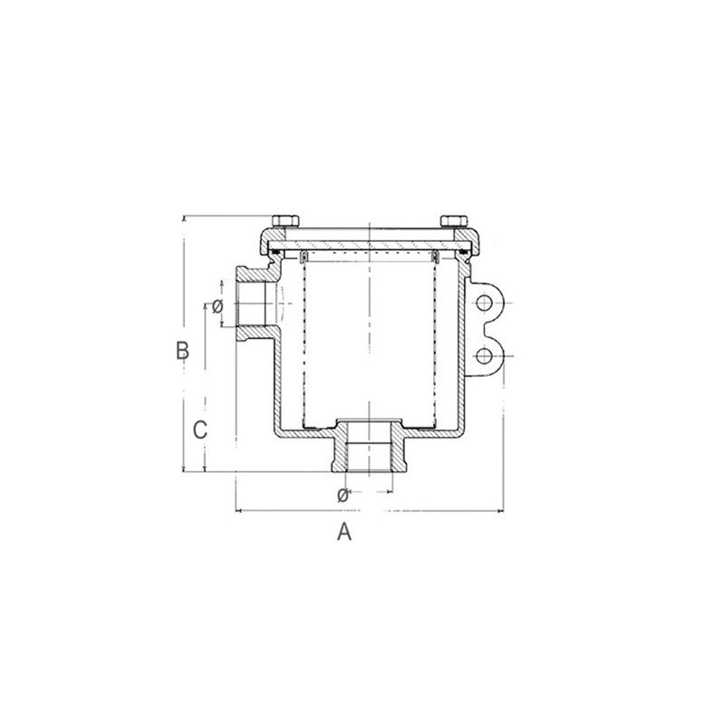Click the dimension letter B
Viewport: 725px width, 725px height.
(x=182, y=350)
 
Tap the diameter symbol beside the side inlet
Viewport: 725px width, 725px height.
(x=217, y=306)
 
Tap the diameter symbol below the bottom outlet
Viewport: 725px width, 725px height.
(x=343, y=495)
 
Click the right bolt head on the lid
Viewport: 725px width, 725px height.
(x=453, y=221)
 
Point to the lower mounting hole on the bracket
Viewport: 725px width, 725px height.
(x=486, y=354)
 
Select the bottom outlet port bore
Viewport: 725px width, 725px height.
(x=369, y=453)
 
